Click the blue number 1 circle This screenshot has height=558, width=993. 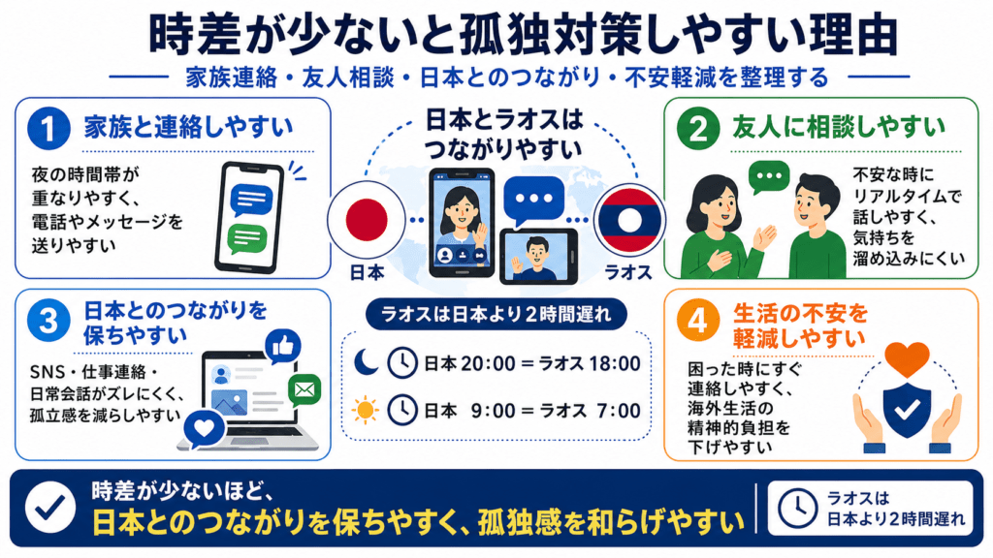point(48,129)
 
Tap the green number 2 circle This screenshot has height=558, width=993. point(698,129)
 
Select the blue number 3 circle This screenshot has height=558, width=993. point(48,320)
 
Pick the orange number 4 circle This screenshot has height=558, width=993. point(698,320)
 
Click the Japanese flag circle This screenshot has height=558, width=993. point(366,220)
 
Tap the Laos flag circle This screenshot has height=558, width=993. point(629,220)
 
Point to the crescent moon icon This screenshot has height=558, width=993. point(366,362)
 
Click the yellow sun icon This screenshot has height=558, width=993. point(366,410)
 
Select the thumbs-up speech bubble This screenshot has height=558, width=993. point(283,347)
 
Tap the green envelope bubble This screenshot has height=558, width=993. point(304,390)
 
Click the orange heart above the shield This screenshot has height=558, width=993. point(907,358)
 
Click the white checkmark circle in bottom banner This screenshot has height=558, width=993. point(50,507)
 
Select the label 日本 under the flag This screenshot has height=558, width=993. point(367,272)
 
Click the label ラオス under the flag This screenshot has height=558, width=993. point(628,272)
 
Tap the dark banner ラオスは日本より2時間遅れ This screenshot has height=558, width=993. point(496,315)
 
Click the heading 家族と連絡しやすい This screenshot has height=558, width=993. point(189,128)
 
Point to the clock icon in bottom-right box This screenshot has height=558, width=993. point(797,508)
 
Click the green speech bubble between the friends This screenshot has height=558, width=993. point(769,177)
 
